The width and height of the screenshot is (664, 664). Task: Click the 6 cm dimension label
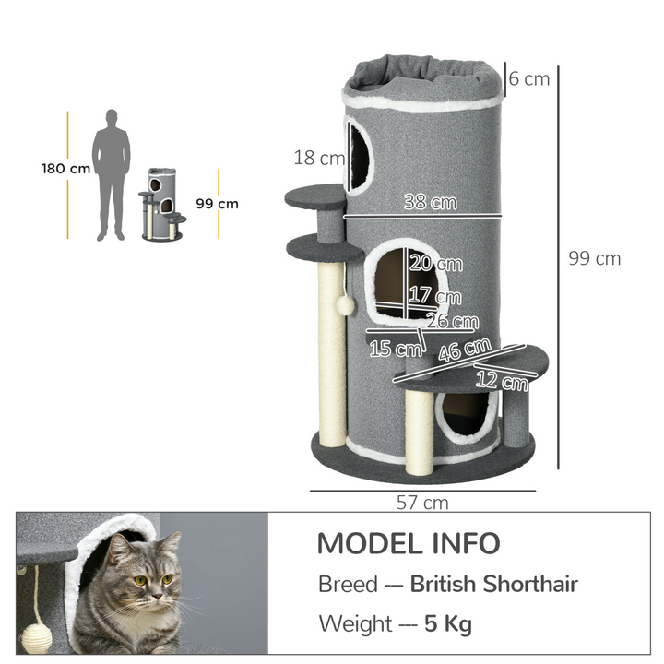coord(529,78)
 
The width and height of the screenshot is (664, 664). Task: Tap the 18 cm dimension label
coord(319,158)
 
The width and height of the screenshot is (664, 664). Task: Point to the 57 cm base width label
coord(421,503)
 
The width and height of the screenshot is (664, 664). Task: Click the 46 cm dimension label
coord(464,350)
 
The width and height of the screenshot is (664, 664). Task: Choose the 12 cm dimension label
coord(502,377)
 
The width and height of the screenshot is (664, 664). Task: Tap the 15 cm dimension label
coord(392,349)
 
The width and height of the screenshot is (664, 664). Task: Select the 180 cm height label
coord(66,169)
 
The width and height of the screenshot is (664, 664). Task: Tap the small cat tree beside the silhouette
coord(162,204)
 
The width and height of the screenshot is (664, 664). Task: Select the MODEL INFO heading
coord(409,543)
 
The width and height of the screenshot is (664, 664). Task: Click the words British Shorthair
coord(494,584)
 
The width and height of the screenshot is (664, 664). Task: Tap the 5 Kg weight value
coord(448,623)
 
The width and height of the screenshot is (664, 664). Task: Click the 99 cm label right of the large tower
coord(594,258)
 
